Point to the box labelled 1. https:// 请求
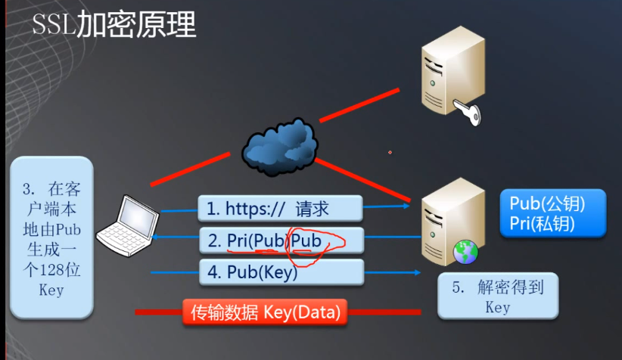coord(281,209)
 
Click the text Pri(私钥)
coord(543,223)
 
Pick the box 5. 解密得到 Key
coord(498,296)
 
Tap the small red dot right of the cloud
coord(390,152)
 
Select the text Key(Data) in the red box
coord(303,311)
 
